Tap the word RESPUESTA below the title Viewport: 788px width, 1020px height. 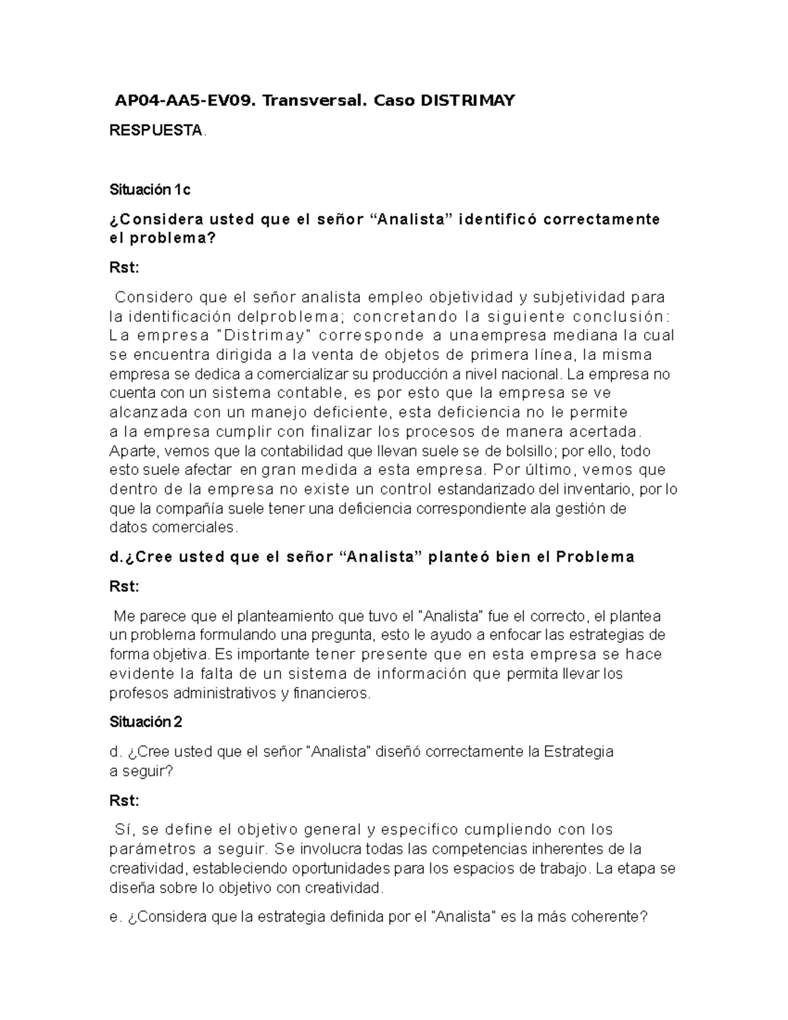coord(156,131)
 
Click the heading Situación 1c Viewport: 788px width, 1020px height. coord(150,190)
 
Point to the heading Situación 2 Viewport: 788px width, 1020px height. coord(145,722)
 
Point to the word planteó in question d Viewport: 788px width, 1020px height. coord(458,557)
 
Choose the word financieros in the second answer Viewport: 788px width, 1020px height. coord(332,693)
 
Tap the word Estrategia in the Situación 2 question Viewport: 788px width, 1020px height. coord(579,751)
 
